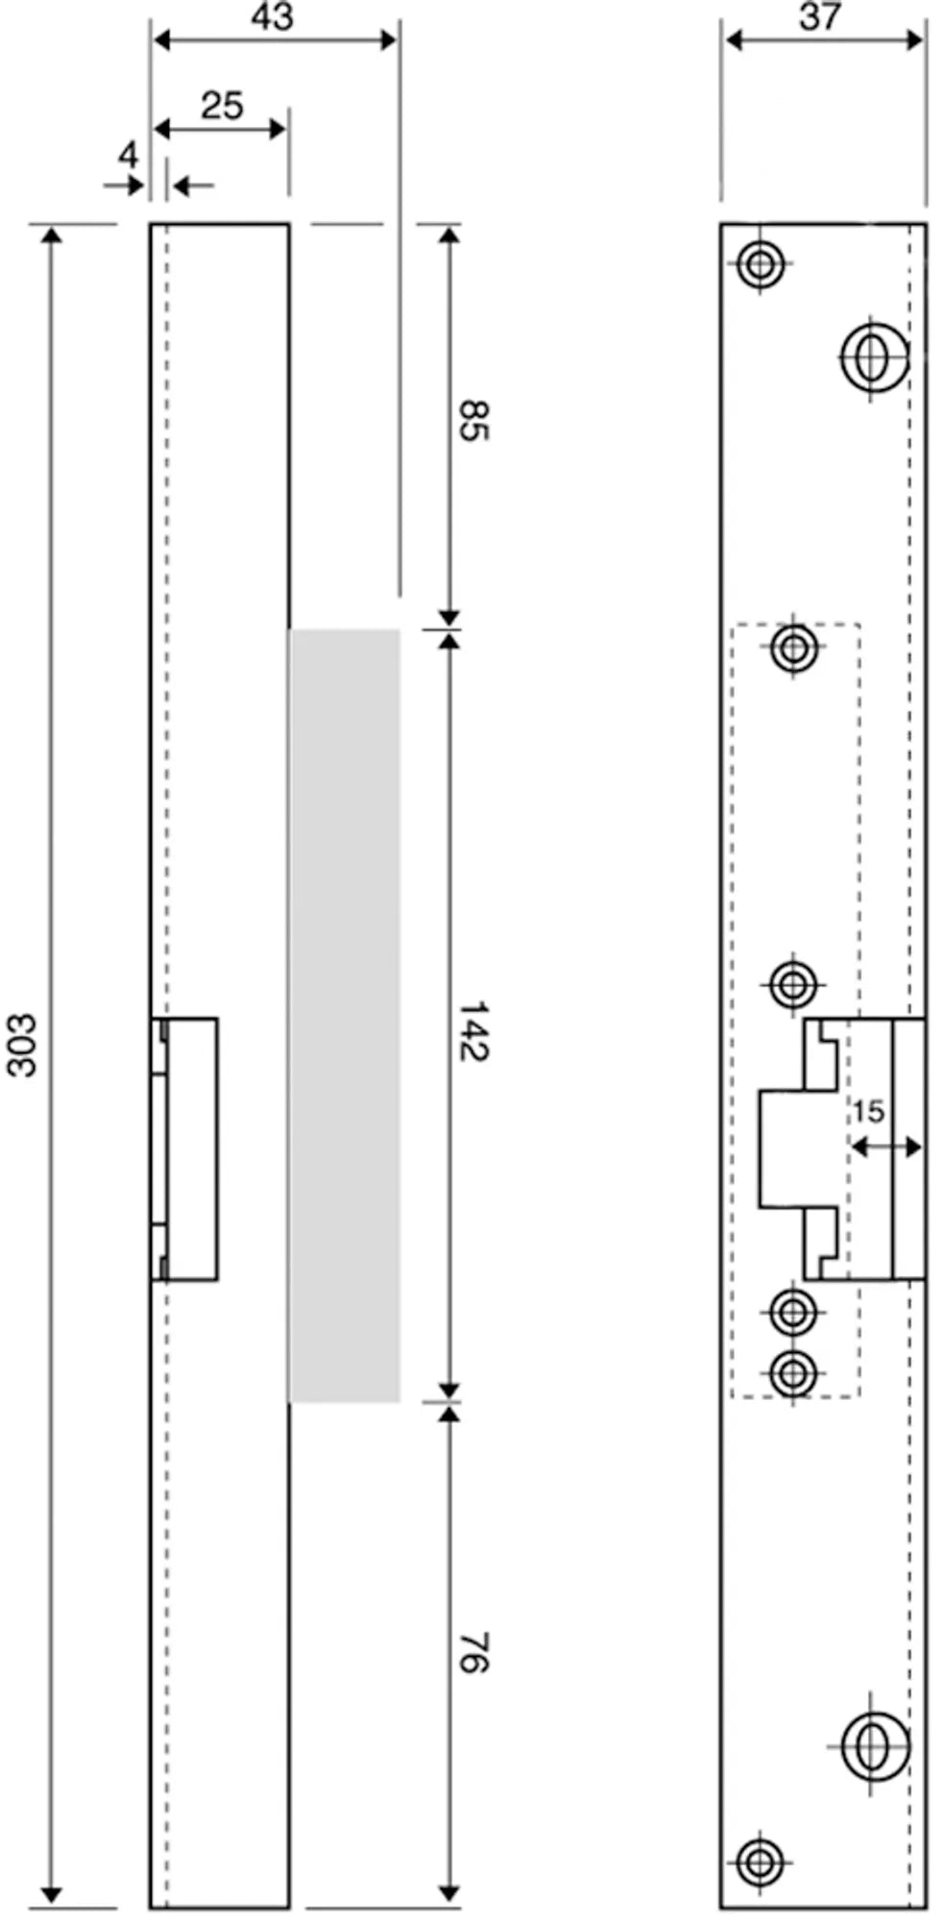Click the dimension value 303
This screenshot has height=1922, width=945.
[21, 1045]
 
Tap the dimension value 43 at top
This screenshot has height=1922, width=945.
[273, 16]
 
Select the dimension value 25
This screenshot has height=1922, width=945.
[222, 106]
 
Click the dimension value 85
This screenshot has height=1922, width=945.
[472, 421]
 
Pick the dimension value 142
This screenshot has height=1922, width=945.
[472, 1031]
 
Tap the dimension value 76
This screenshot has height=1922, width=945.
[472, 1651]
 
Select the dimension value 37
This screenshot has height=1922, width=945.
[819, 16]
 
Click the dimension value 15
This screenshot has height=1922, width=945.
[867, 1112]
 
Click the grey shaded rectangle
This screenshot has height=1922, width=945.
[344, 1015]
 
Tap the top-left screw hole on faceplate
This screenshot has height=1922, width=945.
[761, 263]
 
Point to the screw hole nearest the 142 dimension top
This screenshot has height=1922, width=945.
[793, 648]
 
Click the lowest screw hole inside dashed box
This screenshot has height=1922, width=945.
[793, 1374]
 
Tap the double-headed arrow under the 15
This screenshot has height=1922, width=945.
[886, 1146]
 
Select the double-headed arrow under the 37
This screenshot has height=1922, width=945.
[824, 39]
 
